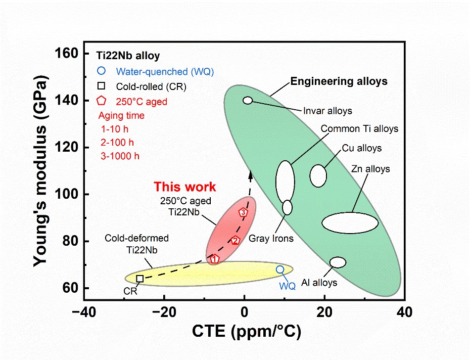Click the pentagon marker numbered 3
click(x=243, y=212)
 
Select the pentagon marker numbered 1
click(x=214, y=259)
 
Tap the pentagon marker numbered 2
click(x=235, y=240)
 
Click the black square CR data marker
click(x=139, y=278)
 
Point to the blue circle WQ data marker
click(x=280, y=269)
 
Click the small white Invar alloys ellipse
click(x=248, y=100)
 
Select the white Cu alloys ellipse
click(x=318, y=175)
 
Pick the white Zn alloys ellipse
click(x=350, y=222)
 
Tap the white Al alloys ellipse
click(x=338, y=262)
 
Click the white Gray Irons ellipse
click(x=287, y=207)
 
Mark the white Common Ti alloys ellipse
click(x=285, y=181)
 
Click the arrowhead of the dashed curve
click(x=250, y=174)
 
